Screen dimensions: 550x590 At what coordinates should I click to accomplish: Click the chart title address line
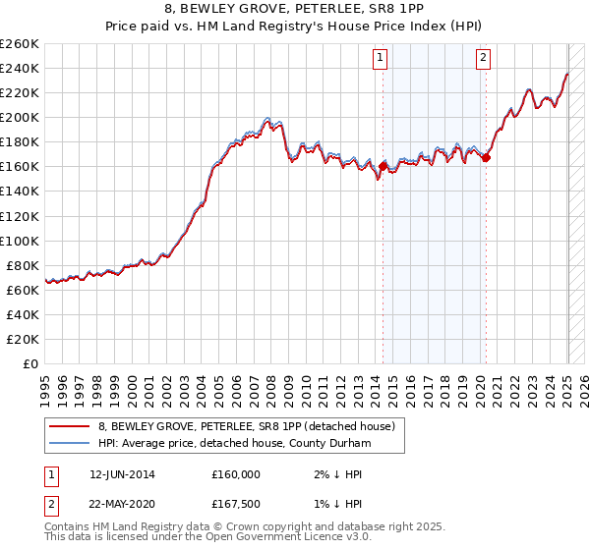pyautogui.click(x=295, y=12)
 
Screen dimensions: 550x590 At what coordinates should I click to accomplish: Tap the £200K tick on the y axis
pyautogui.click(x=20, y=117)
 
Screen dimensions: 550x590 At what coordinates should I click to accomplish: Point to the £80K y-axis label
pyautogui.click(x=23, y=265)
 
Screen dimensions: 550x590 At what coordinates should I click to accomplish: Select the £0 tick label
pyautogui.click(x=30, y=363)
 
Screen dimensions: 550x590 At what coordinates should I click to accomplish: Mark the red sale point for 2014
pyautogui.click(x=383, y=166)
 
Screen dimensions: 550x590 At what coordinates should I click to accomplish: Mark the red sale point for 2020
pyautogui.click(x=486, y=157)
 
